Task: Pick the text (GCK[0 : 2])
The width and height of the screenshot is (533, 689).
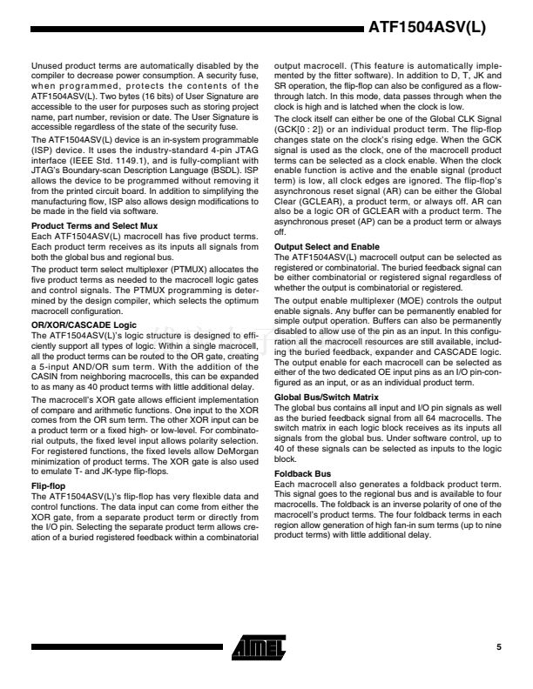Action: click(x=298, y=151)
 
